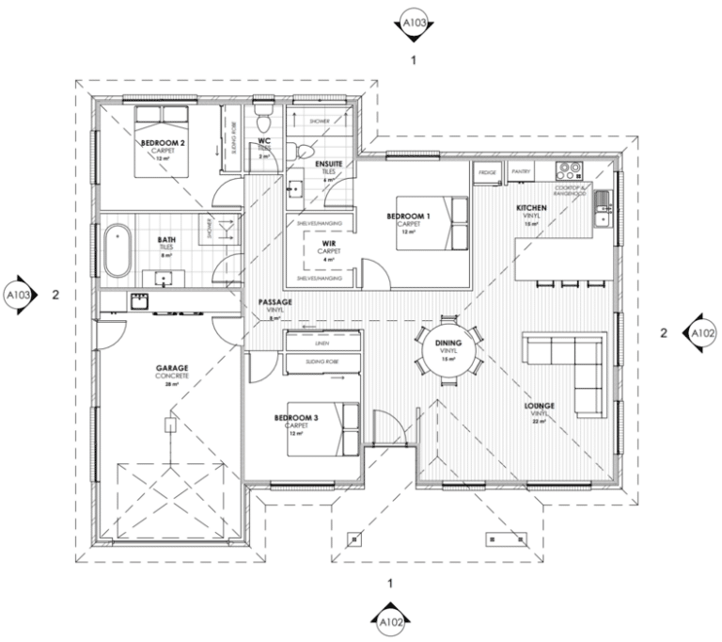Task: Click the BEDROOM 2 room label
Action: [x=157, y=143]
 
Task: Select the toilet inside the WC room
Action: [x=264, y=121]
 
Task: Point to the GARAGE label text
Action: [x=172, y=369]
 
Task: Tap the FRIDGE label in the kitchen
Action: [x=487, y=173]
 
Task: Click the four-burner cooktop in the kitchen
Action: [x=569, y=171]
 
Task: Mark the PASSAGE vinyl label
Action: [x=275, y=303]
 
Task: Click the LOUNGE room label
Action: [x=540, y=408]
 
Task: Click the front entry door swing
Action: [x=390, y=428]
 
